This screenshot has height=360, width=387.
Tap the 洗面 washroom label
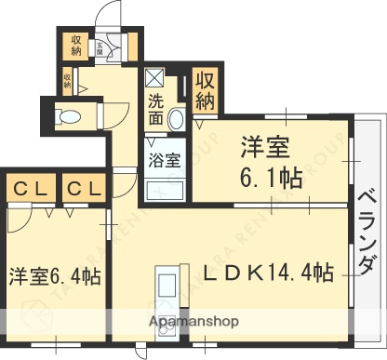(155, 108)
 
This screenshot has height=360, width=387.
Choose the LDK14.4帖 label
(269, 273)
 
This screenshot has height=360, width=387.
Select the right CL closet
(83, 190)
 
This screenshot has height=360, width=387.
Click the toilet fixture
(67, 116)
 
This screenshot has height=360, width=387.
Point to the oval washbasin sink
(177, 117)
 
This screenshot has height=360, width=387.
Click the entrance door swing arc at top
(112, 19)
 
